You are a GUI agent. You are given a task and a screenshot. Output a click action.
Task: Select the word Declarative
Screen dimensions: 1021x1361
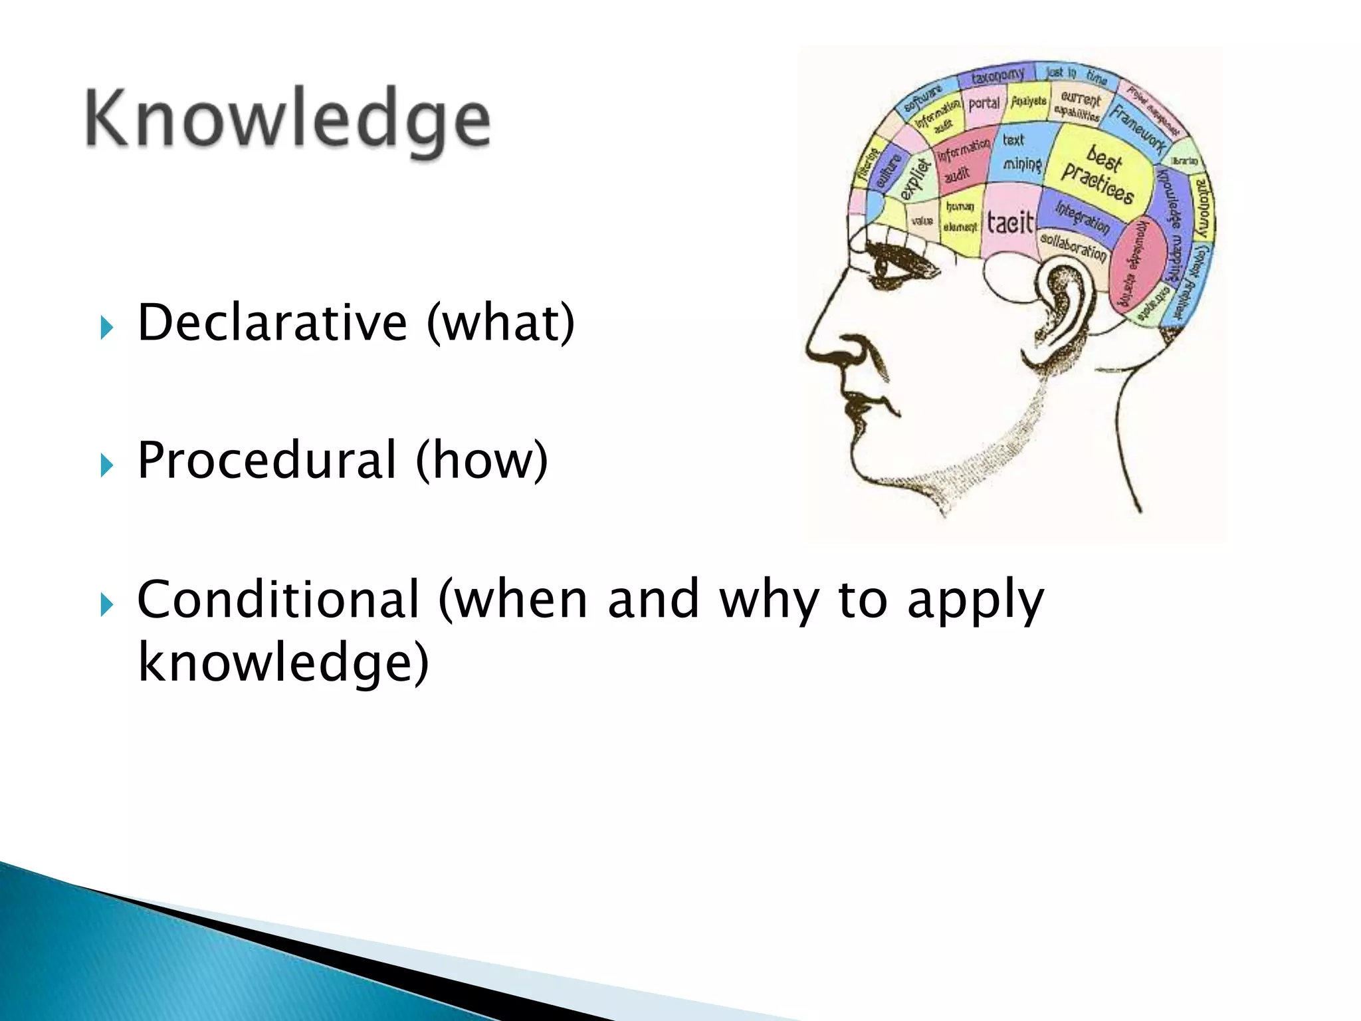pyautogui.click(x=272, y=322)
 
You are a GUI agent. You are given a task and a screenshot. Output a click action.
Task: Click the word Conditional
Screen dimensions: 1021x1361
pyautogui.click(x=278, y=599)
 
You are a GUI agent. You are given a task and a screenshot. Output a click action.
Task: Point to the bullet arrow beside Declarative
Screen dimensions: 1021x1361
pyautogui.click(x=106, y=327)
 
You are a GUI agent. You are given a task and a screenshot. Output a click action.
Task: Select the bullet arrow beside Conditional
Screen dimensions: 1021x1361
pyautogui.click(x=106, y=604)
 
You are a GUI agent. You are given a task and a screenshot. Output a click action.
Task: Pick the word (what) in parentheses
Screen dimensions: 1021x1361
pyautogui.click(x=500, y=324)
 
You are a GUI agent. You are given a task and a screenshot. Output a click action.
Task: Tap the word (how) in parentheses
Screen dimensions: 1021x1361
pyautogui.click(x=482, y=461)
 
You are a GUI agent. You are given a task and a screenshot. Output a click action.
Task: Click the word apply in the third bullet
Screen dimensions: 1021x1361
pyautogui.click(x=976, y=600)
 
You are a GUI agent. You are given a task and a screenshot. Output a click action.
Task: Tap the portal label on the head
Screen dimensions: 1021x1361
pyautogui.click(x=984, y=104)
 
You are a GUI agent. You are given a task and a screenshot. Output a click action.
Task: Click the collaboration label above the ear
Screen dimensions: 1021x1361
pyautogui.click(x=1073, y=247)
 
